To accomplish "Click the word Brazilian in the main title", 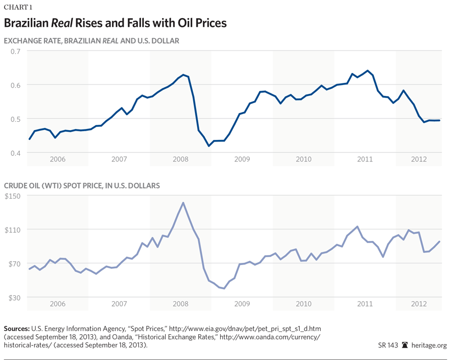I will [x=27, y=24].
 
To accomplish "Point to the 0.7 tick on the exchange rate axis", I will [x=13, y=51].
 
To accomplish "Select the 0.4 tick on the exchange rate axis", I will [x=13, y=153].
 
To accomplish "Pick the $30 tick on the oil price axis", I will [x=14, y=297].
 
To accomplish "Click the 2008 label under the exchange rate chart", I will [x=181, y=160].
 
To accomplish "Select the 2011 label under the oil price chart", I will [x=365, y=303].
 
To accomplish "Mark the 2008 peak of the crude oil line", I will [x=183, y=203].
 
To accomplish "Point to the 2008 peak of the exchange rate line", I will [x=183, y=75].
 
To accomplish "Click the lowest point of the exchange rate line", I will [x=209, y=146].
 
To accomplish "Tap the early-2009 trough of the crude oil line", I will [x=224, y=288].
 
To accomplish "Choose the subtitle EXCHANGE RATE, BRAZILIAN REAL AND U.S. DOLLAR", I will [x=91, y=41].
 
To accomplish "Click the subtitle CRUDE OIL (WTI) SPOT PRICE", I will [x=82, y=185].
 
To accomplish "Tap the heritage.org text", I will [x=429, y=345].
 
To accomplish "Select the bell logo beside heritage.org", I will [x=405, y=345].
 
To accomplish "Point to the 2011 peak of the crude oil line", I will [x=357, y=226].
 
